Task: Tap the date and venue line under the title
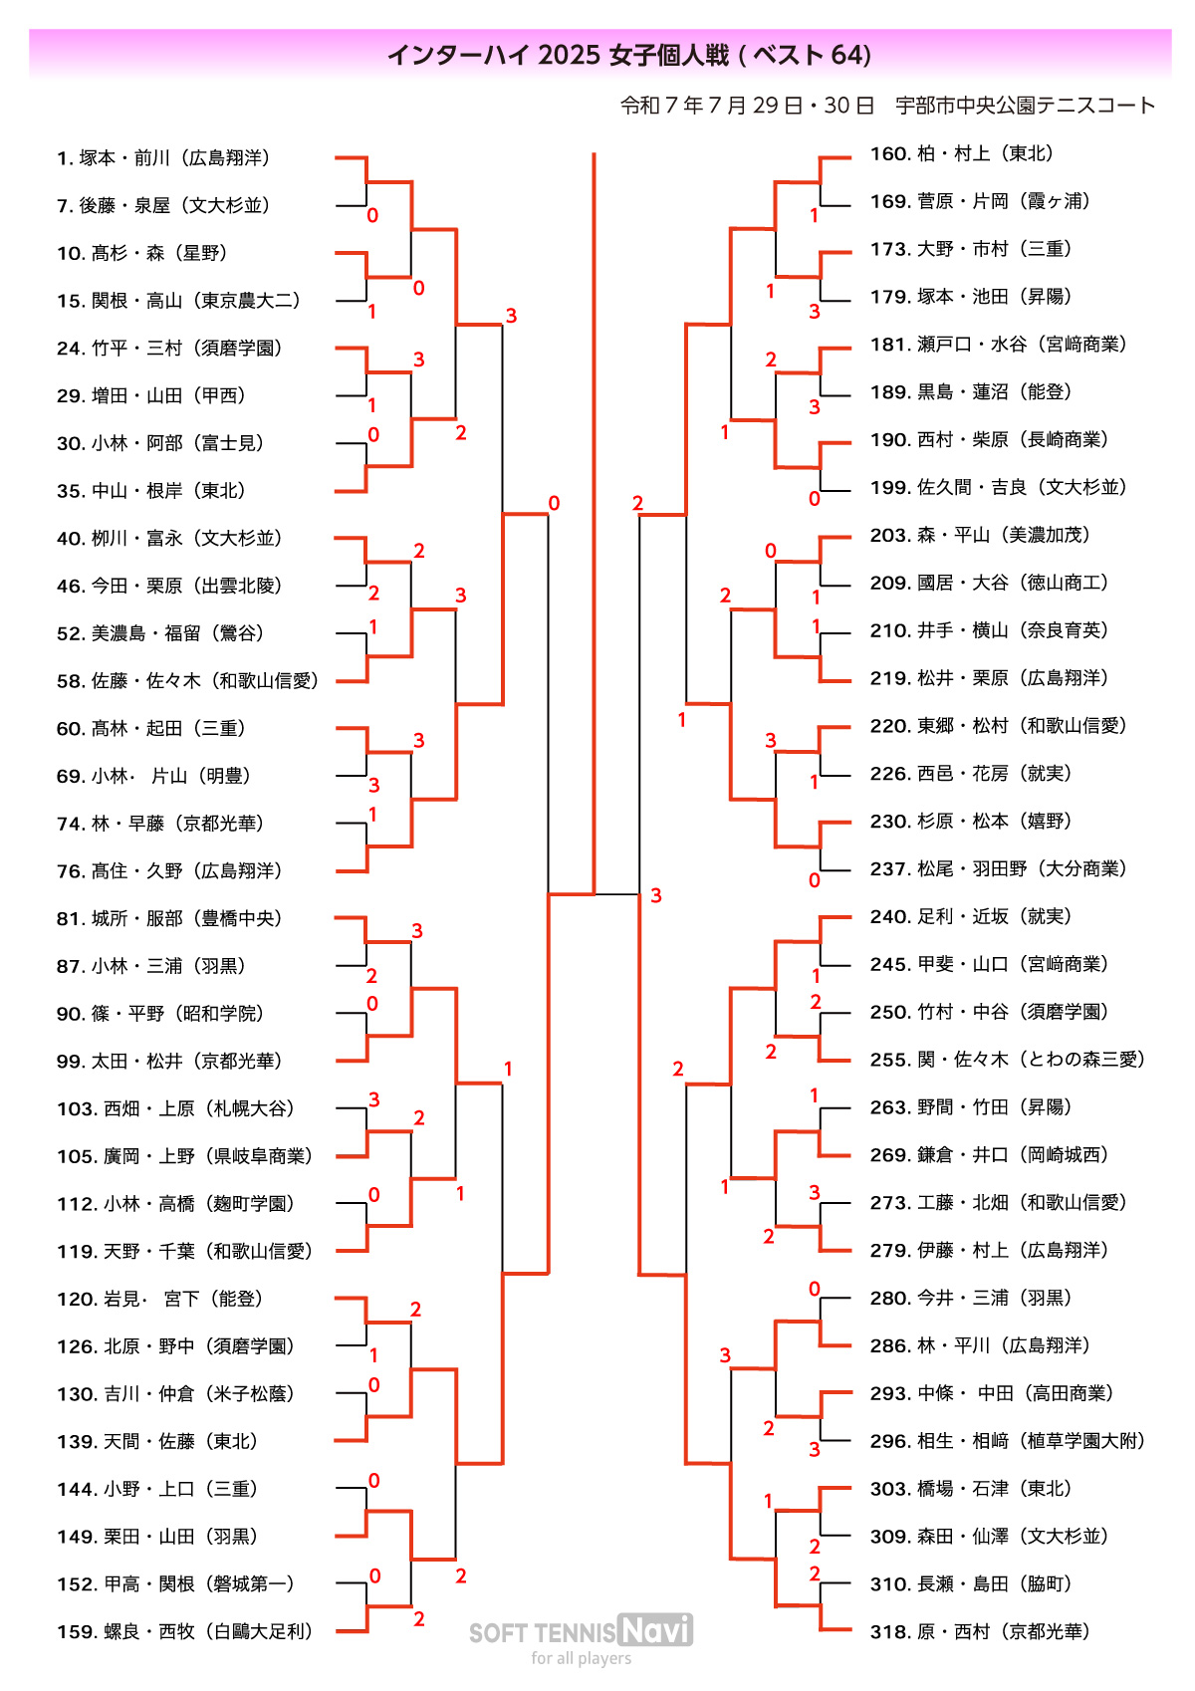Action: point(887,106)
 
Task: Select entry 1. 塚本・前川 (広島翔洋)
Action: point(164,158)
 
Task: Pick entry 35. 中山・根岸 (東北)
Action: point(151,491)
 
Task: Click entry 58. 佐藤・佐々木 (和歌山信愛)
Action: point(188,681)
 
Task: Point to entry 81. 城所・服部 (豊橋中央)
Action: point(170,918)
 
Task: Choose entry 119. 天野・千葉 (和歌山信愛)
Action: point(185,1252)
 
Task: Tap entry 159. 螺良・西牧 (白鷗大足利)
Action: point(185,1632)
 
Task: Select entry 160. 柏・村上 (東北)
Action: point(962,153)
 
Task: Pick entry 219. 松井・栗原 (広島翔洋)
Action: point(990,678)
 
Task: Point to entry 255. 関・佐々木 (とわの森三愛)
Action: point(1008,1060)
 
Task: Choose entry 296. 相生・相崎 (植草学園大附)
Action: point(1008,1441)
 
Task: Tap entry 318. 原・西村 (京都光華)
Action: point(981,1632)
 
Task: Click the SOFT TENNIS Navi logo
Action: point(582,1630)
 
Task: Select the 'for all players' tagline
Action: point(582,1658)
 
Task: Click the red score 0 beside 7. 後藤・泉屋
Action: point(372,215)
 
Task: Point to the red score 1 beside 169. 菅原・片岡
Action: point(815,215)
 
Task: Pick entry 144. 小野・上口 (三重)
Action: point(158,1490)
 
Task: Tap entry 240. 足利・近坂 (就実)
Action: point(971,916)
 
